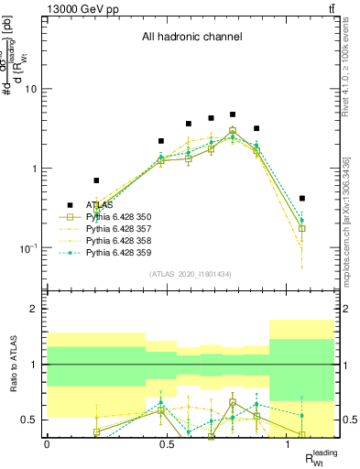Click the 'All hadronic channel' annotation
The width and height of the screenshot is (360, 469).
[x=191, y=38]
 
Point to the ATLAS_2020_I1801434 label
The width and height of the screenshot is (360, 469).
[x=190, y=275]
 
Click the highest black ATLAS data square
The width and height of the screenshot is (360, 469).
[x=233, y=115]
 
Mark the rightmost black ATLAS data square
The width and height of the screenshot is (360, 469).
[x=302, y=198]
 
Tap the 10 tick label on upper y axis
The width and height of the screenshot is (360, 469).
[x=33, y=89]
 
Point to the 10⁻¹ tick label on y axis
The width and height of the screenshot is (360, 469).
[x=29, y=248]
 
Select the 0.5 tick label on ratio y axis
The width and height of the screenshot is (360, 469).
[x=31, y=420]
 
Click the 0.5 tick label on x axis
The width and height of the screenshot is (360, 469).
[x=168, y=442]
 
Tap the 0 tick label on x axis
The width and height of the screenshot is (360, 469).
[x=47, y=442]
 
